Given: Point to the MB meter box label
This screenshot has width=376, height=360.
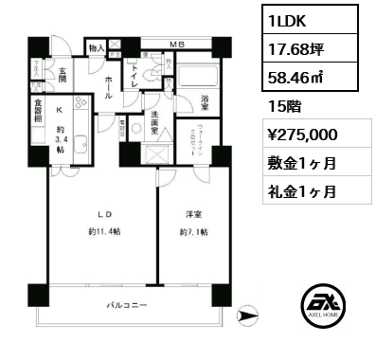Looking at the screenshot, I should click(177, 42).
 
